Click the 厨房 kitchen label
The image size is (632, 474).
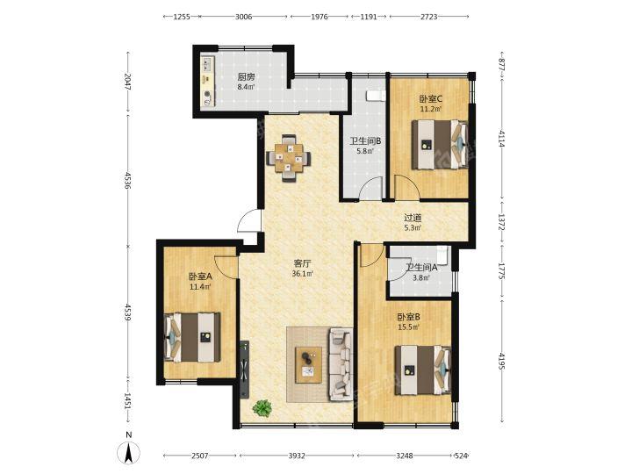(246, 77)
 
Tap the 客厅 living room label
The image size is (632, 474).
(302, 263)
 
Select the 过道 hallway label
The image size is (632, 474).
(413, 218)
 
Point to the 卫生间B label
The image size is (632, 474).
(365, 141)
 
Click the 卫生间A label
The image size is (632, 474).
(421, 267)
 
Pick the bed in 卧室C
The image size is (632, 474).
(440, 144)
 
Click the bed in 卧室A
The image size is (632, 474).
(192, 337)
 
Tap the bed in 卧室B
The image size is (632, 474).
(423, 370)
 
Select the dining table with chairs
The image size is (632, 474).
(289, 158)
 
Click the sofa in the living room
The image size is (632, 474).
(341, 364)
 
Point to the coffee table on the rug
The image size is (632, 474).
(308, 365)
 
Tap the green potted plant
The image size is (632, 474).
(262, 408)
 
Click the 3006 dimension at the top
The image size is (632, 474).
(243, 17)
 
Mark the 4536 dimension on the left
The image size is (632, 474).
(128, 180)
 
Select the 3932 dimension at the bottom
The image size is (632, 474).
(297, 456)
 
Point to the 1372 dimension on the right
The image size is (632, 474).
(502, 222)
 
